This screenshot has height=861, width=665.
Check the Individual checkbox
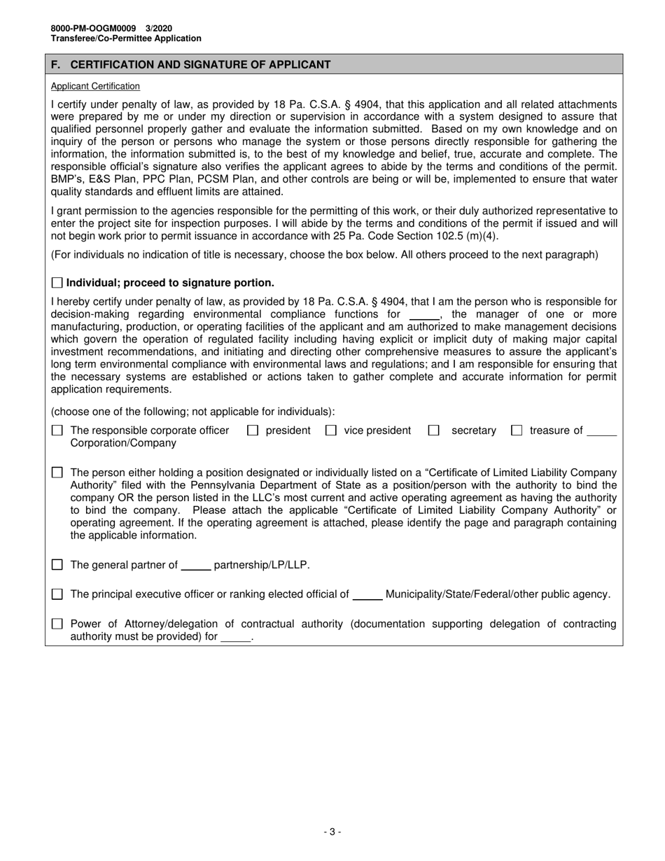pos(57,283)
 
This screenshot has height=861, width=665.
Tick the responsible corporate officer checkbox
pos(57,430)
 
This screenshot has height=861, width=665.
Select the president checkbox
pos(253,430)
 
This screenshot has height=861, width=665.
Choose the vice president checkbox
pos(331,430)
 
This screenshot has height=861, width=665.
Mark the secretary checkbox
pos(433,430)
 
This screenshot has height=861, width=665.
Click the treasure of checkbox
pos(517,430)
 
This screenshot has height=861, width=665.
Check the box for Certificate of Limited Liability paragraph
pos(57,472)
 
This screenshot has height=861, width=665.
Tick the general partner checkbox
pos(57,565)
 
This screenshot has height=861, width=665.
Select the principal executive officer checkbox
pos(57,594)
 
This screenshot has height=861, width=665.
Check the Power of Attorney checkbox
pos(57,624)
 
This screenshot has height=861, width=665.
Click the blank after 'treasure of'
pos(602,432)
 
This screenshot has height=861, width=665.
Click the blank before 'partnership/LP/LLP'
pos(196,566)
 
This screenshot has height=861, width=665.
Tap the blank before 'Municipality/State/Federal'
pos(367,596)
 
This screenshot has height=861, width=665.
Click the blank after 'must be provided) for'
pos(235,638)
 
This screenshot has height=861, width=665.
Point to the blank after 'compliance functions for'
pos(423,315)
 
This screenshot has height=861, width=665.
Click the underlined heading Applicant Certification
pos(95,86)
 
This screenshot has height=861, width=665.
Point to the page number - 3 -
pos(332,832)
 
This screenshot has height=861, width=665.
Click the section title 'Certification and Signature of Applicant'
pos(200,64)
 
